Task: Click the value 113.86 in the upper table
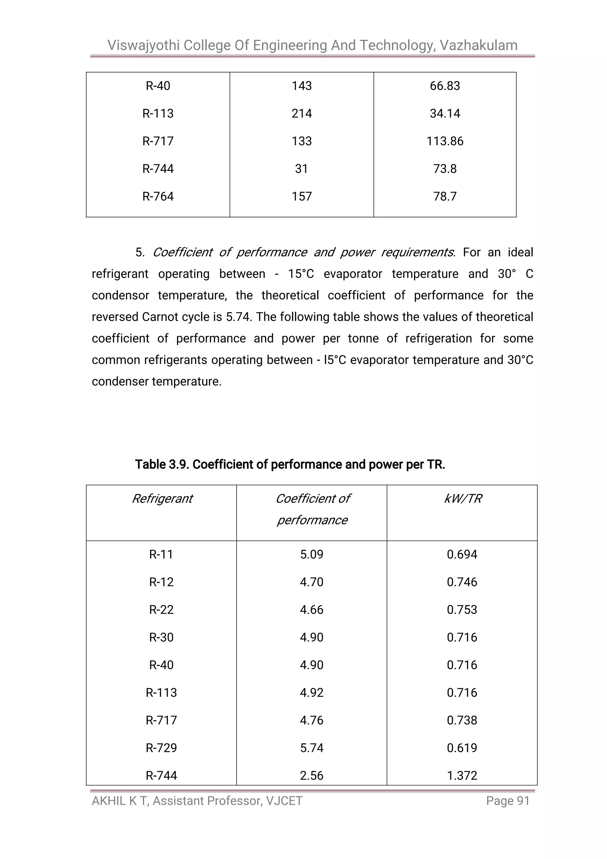tap(445, 141)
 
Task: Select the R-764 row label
tap(158, 196)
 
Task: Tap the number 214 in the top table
tap(302, 113)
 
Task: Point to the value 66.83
tap(445, 86)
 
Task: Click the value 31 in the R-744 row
tap(302, 169)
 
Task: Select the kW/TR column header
tap(462, 499)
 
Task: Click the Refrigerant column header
tap(162, 499)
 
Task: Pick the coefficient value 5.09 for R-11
tap(311, 554)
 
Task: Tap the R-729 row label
tap(162, 748)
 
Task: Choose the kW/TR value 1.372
tap(462, 776)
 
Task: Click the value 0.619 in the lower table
tap(462, 748)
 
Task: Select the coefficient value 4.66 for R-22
tap(311, 609)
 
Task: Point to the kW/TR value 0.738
tap(462, 720)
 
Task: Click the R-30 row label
tap(162, 637)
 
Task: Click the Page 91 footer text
tap(508, 801)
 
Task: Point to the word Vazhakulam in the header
tap(479, 45)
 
